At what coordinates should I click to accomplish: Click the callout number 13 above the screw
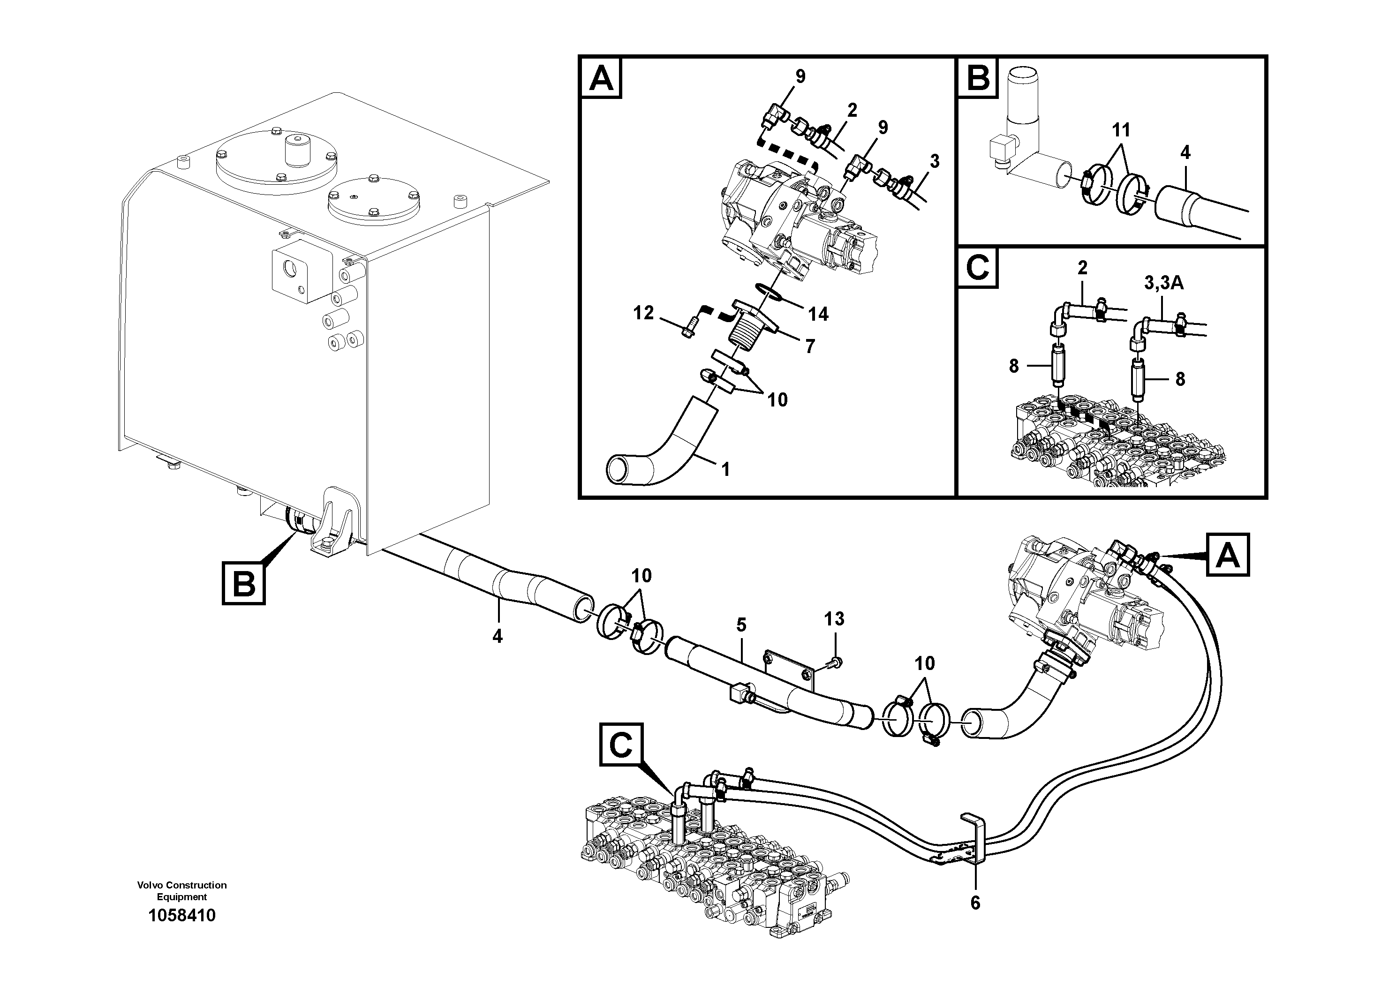[x=834, y=619]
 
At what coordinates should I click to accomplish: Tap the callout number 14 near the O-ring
[x=818, y=314]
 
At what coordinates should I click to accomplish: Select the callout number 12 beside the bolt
[x=643, y=313]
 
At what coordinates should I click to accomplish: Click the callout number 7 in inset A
[x=809, y=346]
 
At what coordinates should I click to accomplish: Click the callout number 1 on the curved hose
[x=725, y=469]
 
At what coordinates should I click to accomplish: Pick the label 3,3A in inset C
[x=1164, y=283]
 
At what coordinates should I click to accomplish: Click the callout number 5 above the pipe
[x=740, y=625]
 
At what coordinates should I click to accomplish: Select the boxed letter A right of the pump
[x=1228, y=554]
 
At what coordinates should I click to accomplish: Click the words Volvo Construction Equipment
[x=182, y=891]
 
